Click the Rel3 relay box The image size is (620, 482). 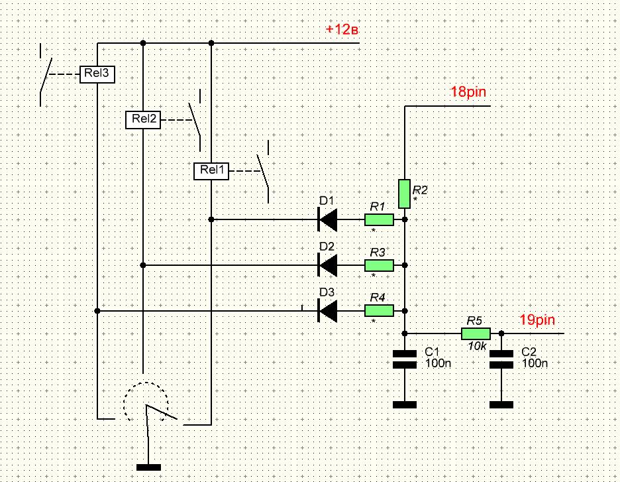[97, 74]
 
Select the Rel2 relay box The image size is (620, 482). [143, 120]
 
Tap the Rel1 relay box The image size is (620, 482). [211, 170]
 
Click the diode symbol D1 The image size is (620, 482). [327, 219]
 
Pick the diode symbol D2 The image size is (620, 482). [327, 265]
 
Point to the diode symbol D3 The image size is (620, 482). [327, 311]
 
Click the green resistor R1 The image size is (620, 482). [379, 219]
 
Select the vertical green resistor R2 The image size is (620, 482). [404, 194]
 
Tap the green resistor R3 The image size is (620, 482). [379, 265]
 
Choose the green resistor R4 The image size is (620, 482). [379, 311]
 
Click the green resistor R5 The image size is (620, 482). [476, 333]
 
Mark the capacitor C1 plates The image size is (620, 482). [405, 359]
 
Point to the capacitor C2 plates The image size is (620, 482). [501, 359]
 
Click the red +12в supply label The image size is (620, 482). [342, 29]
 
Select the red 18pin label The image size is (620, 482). [468, 91]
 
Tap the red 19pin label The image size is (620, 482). [537, 320]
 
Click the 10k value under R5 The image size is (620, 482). [478, 346]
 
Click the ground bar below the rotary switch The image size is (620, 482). [148, 467]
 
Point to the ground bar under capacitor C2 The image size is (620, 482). [501, 405]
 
